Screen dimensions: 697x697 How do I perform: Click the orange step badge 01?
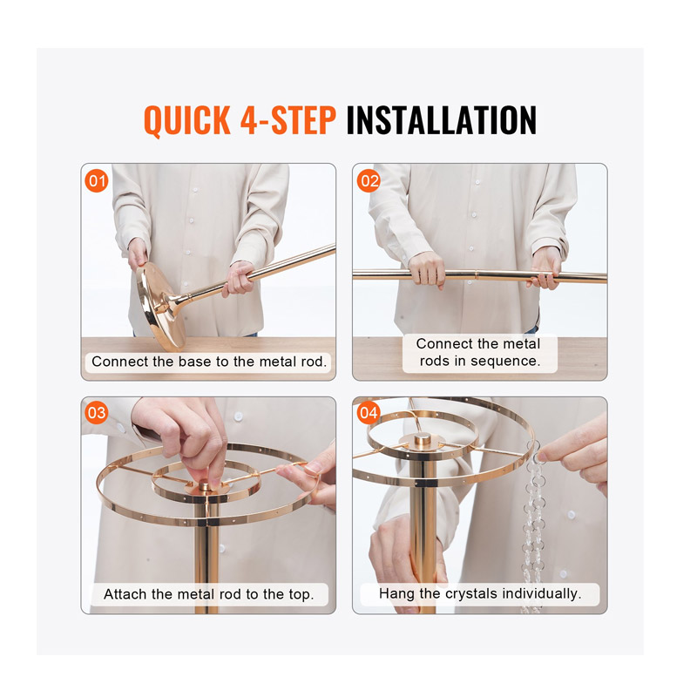pyautogui.click(x=97, y=181)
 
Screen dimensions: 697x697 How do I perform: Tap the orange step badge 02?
pyautogui.click(x=369, y=181)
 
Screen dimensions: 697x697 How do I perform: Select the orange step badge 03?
pyautogui.click(x=97, y=413)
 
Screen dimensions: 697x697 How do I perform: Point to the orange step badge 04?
pyautogui.click(x=369, y=413)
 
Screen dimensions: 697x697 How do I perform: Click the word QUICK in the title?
pyautogui.click(x=187, y=120)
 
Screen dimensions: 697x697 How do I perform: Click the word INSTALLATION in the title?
pyautogui.click(x=442, y=119)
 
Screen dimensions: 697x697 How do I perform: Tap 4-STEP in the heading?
pyautogui.click(x=288, y=119)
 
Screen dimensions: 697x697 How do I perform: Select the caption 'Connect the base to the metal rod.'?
pyautogui.click(x=209, y=362)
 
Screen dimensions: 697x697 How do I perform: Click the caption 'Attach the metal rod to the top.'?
pyautogui.click(x=209, y=594)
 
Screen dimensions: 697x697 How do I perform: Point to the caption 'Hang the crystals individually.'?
pyautogui.click(x=480, y=593)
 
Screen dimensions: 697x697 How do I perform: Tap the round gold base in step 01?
pyautogui.click(x=160, y=306)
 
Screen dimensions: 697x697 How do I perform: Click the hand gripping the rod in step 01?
pyautogui.click(x=238, y=278)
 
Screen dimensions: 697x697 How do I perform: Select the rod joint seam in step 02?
pyautogui.click(x=476, y=274)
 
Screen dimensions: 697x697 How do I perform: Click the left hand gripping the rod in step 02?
pyautogui.click(x=427, y=269)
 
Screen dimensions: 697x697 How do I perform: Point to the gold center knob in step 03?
pyautogui.click(x=205, y=485)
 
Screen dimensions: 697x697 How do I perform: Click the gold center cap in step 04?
pyautogui.click(x=423, y=441)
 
